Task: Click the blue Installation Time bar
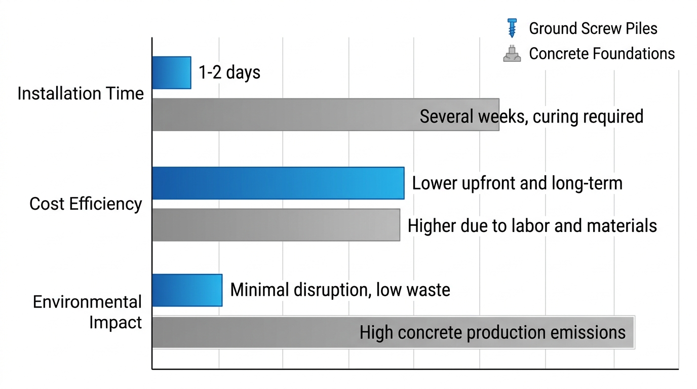(x=171, y=73)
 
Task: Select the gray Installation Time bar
(x=284, y=115)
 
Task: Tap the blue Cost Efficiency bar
(x=278, y=183)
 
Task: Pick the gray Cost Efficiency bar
(x=276, y=225)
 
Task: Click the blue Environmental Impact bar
(x=187, y=290)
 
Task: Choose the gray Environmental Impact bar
(x=253, y=332)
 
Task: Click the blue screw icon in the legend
(x=512, y=28)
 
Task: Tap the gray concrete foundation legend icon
(x=512, y=54)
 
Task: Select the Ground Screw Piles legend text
(x=593, y=28)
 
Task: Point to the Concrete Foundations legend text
(x=602, y=54)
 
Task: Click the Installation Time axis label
(x=81, y=94)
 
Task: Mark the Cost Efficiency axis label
(x=86, y=204)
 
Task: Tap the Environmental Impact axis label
(x=87, y=312)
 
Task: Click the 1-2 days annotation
(x=229, y=73)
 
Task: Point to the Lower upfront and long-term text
(x=517, y=183)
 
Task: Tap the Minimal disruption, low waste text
(x=340, y=290)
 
